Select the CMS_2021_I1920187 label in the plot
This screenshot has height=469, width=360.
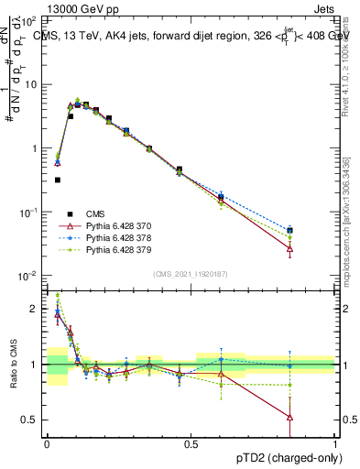[x=190, y=274]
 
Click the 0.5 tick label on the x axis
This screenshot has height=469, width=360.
[x=191, y=444]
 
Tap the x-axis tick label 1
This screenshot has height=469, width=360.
[x=336, y=444]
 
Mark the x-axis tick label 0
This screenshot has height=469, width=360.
[x=47, y=444]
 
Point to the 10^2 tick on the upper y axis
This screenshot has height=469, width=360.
[x=28, y=20]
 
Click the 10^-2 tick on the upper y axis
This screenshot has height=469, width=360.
[x=28, y=276]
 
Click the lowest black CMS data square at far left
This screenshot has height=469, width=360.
[x=57, y=180]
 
